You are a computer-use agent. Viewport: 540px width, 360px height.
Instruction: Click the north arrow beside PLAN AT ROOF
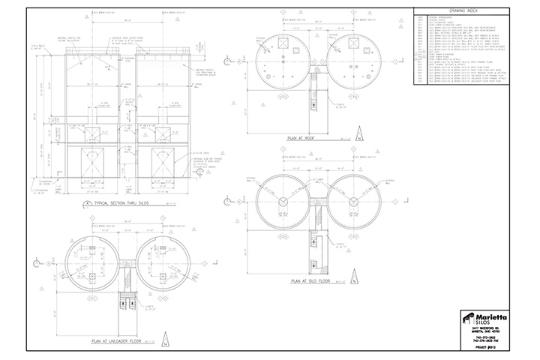(359, 136)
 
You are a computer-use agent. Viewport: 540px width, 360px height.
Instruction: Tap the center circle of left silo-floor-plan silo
(283, 203)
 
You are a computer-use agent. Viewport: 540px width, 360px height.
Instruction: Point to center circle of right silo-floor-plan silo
(350, 203)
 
